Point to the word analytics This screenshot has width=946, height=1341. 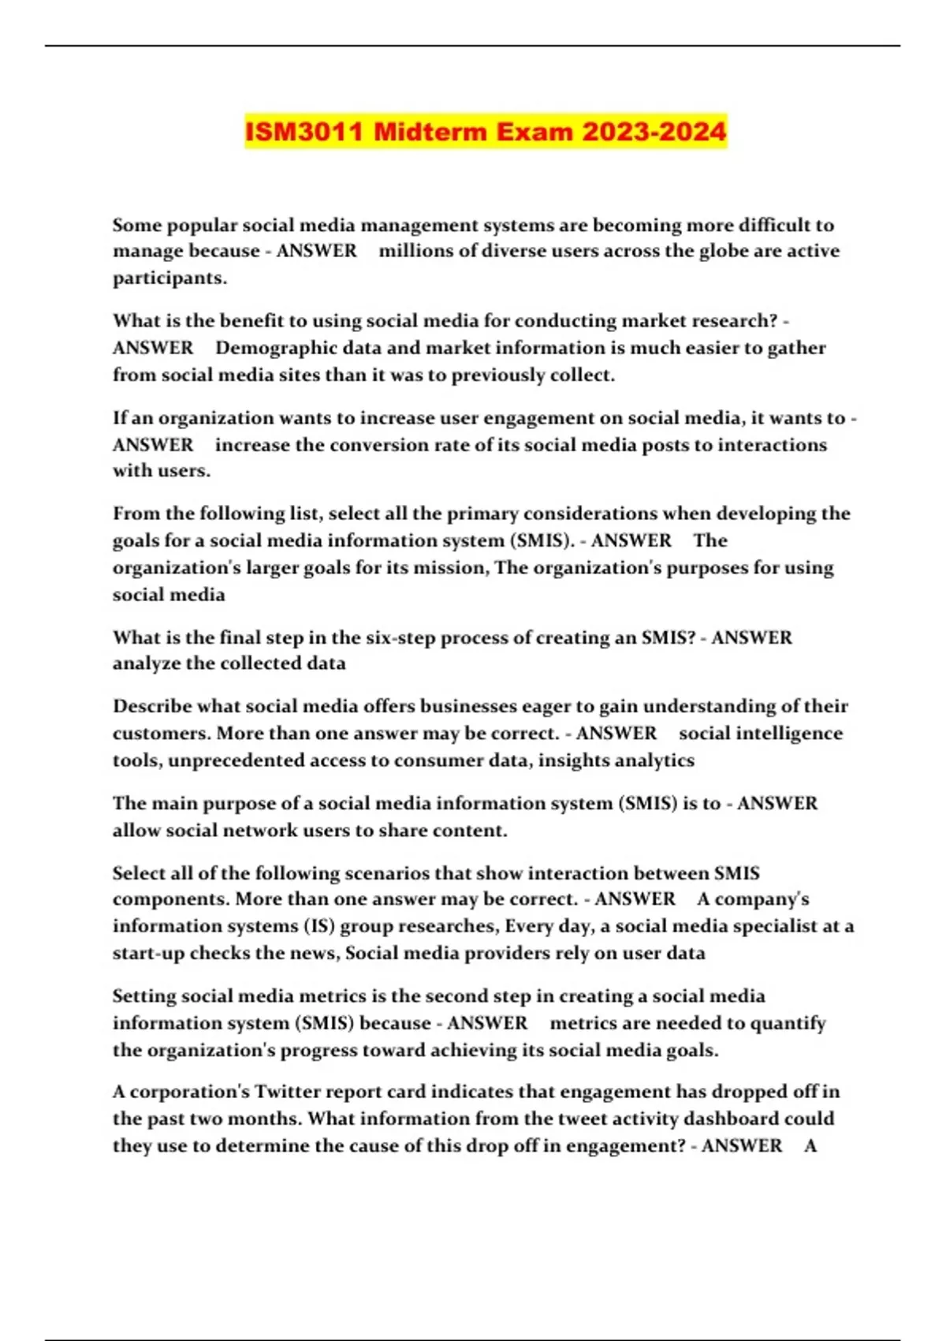(655, 760)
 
